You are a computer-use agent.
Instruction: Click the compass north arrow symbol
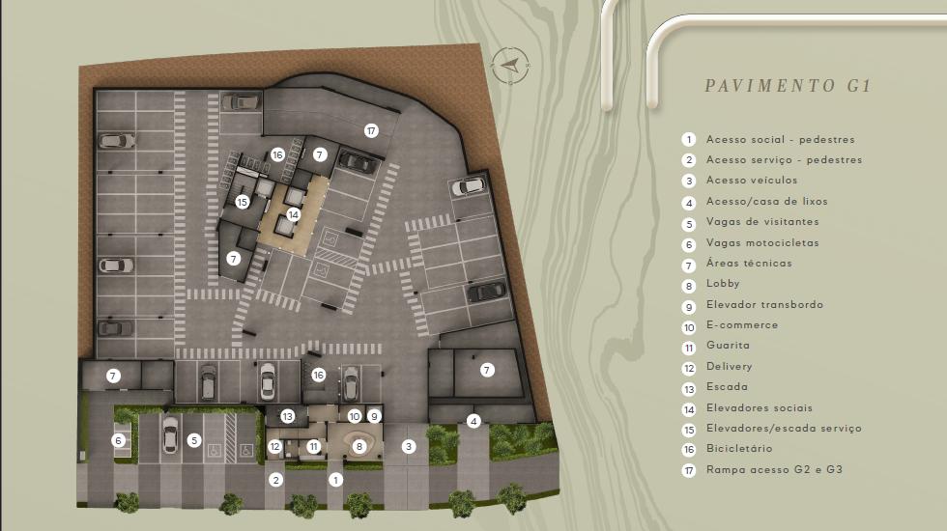510,65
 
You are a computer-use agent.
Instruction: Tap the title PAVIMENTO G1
789,86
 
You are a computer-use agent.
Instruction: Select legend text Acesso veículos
752,180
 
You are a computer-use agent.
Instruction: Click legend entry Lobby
723,283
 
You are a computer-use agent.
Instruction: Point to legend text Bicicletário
739,448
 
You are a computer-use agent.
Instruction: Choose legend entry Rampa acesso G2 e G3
774,469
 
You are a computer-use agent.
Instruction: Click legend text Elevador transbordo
764,304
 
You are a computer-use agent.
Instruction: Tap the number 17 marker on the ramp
371,130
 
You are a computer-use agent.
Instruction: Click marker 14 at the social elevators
294,214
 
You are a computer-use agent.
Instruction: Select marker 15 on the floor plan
243,202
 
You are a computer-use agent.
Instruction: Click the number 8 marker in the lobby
359,446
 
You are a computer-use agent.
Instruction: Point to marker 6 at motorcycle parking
118,440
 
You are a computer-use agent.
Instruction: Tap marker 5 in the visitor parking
194,440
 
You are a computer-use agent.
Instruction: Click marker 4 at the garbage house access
473,421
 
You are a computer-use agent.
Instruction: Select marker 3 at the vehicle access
409,446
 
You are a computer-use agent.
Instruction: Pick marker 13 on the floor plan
287,416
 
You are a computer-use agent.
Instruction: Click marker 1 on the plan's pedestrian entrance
336,480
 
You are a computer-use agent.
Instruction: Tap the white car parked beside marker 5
170,434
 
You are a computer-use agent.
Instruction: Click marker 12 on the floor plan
274,446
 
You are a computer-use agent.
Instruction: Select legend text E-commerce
742,324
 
